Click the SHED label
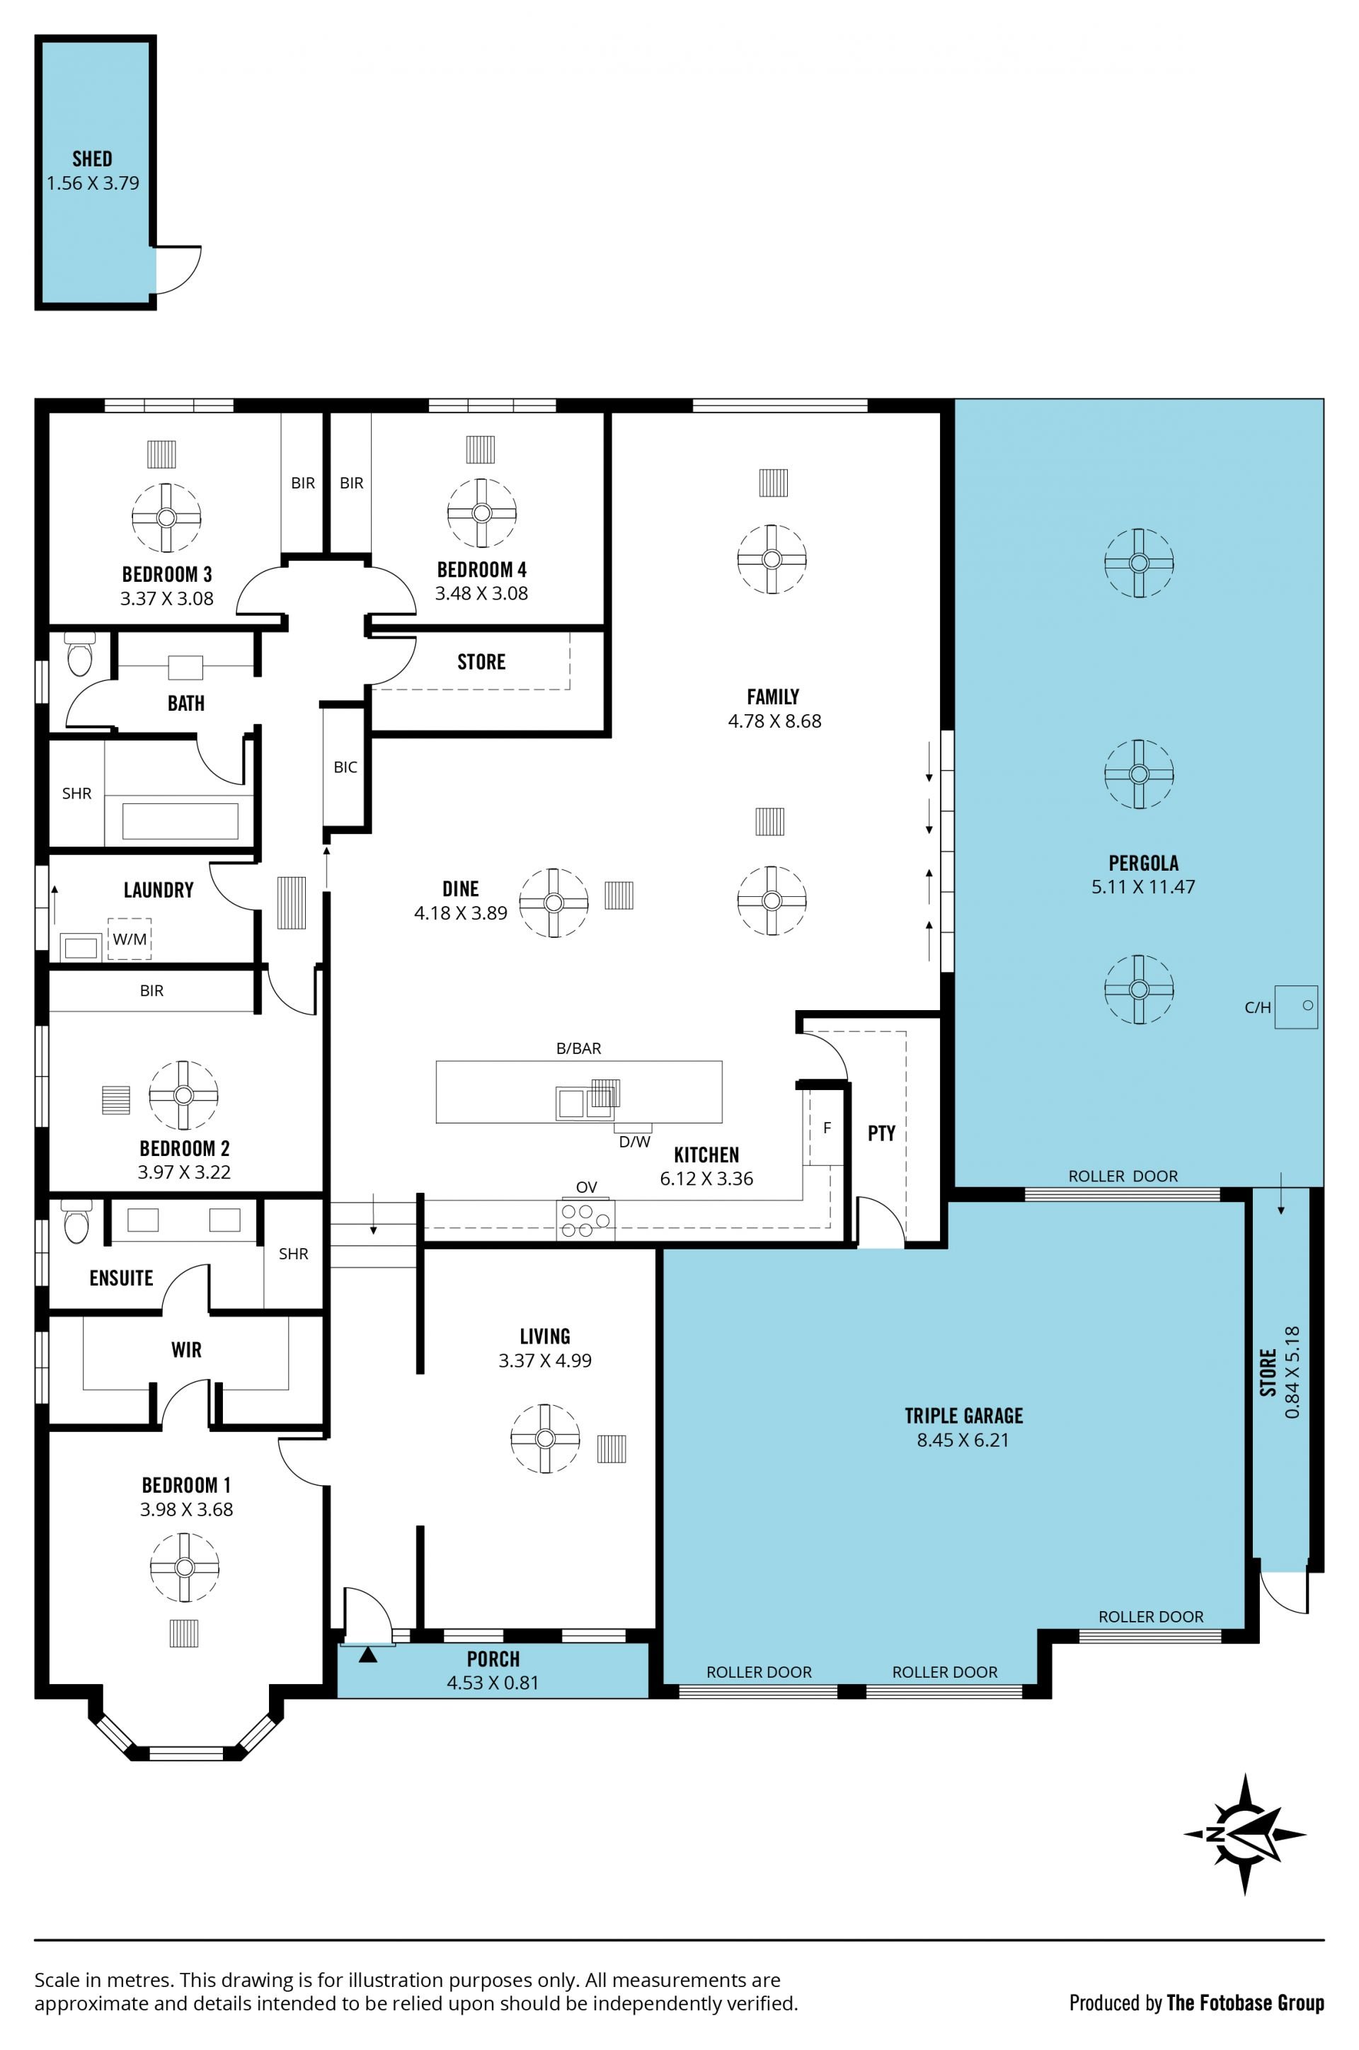pyautogui.click(x=92, y=159)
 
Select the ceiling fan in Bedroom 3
pyautogui.click(x=166, y=517)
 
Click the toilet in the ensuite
pyautogui.click(x=76, y=1222)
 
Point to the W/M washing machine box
pyautogui.click(x=129, y=939)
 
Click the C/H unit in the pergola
pyautogui.click(x=1296, y=1007)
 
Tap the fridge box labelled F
pyautogui.click(x=827, y=1128)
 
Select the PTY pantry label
pyautogui.click(x=881, y=1133)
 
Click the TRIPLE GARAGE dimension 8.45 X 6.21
pyautogui.click(x=963, y=1440)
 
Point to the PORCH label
pyautogui.click(x=493, y=1659)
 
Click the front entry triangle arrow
pyautogui.click(x=368, y=1655)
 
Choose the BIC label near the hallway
pyautogui.click(x=345, y=767)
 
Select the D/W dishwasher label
pyautogui.click(x=634, y=1142)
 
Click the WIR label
pyautogui.click(x=186, y=1350)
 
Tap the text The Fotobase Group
pyautogui.click(x=1246, y=2003)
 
